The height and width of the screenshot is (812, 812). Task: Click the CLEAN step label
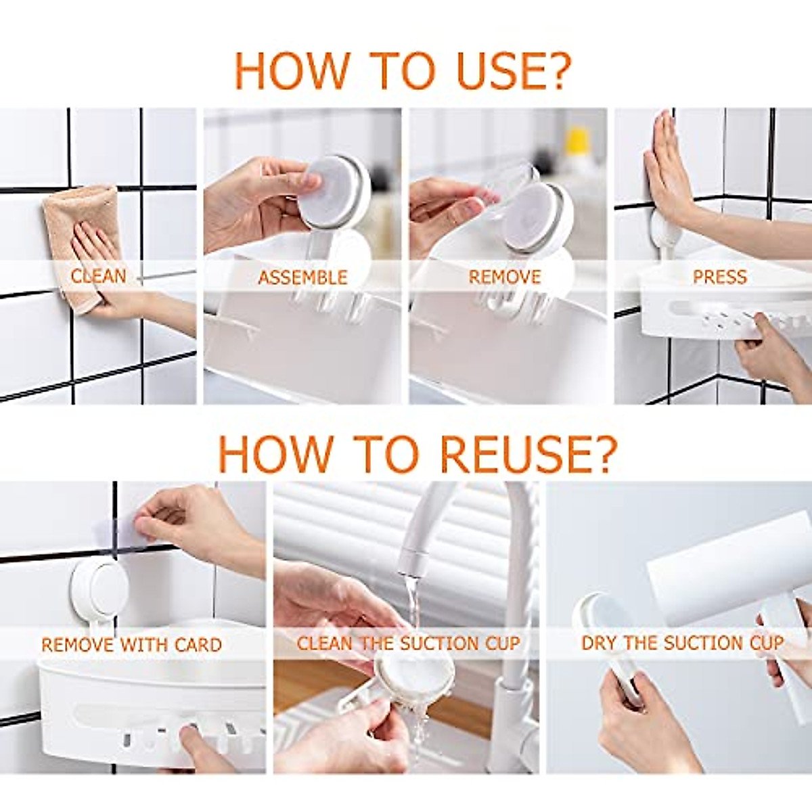click(99, 276)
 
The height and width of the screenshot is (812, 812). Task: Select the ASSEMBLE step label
click(302, 277)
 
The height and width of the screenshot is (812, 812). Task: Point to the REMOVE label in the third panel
click(505, 277)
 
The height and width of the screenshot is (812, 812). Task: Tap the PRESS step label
click(720, 277)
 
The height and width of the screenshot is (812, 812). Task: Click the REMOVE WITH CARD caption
click(131, 645)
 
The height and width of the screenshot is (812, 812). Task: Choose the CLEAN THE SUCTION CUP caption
click(408, 644)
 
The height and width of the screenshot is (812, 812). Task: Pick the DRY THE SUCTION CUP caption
click(683, 643)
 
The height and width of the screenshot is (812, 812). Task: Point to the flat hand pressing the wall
click(670, 168)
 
